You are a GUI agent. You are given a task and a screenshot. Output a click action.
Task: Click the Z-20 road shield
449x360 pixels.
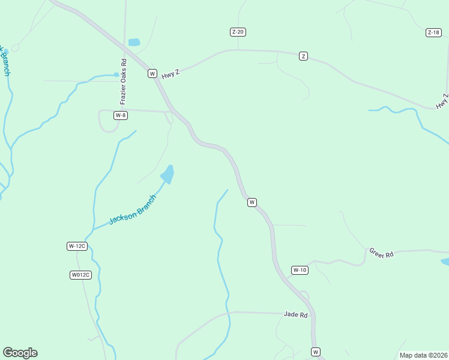[x=238, y=32]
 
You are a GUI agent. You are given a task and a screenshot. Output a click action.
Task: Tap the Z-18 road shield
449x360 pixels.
[x=433, y=32]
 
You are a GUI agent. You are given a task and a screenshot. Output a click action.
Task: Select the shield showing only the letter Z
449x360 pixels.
[x=303, y=56]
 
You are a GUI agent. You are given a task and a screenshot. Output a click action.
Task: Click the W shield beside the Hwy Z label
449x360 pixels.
[x=152, y=73]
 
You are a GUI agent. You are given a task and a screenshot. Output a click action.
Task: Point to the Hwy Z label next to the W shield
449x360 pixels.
[x=170, y=73]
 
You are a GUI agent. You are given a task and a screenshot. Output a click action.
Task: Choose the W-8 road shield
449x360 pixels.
[x=121, y=115]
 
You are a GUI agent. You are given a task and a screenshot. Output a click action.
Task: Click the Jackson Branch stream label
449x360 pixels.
[x=132, y=209]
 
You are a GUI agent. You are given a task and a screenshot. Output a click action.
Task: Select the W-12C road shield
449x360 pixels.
[x=77, y=246]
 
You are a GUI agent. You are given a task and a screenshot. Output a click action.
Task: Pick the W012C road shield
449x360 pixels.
[x=80, y=275]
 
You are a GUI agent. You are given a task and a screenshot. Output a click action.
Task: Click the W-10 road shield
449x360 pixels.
[x=300, y=270]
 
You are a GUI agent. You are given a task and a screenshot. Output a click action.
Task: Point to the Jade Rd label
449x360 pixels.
[x=295, y=314]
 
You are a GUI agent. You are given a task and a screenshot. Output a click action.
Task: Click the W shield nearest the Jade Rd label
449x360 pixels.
[x=316, y=352]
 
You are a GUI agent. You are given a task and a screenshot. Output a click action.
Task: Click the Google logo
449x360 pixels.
[x=20, y=353]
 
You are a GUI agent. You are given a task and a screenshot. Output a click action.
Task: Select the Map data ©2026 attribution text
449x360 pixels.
[x=423, y=355]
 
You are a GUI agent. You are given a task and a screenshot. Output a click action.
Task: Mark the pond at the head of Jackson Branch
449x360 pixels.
[x=167, y=175]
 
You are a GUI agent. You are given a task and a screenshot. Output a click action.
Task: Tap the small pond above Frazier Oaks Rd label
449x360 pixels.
[x=134, y=43]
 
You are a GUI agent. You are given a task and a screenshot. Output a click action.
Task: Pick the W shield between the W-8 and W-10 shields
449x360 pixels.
[x=252, y=202]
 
